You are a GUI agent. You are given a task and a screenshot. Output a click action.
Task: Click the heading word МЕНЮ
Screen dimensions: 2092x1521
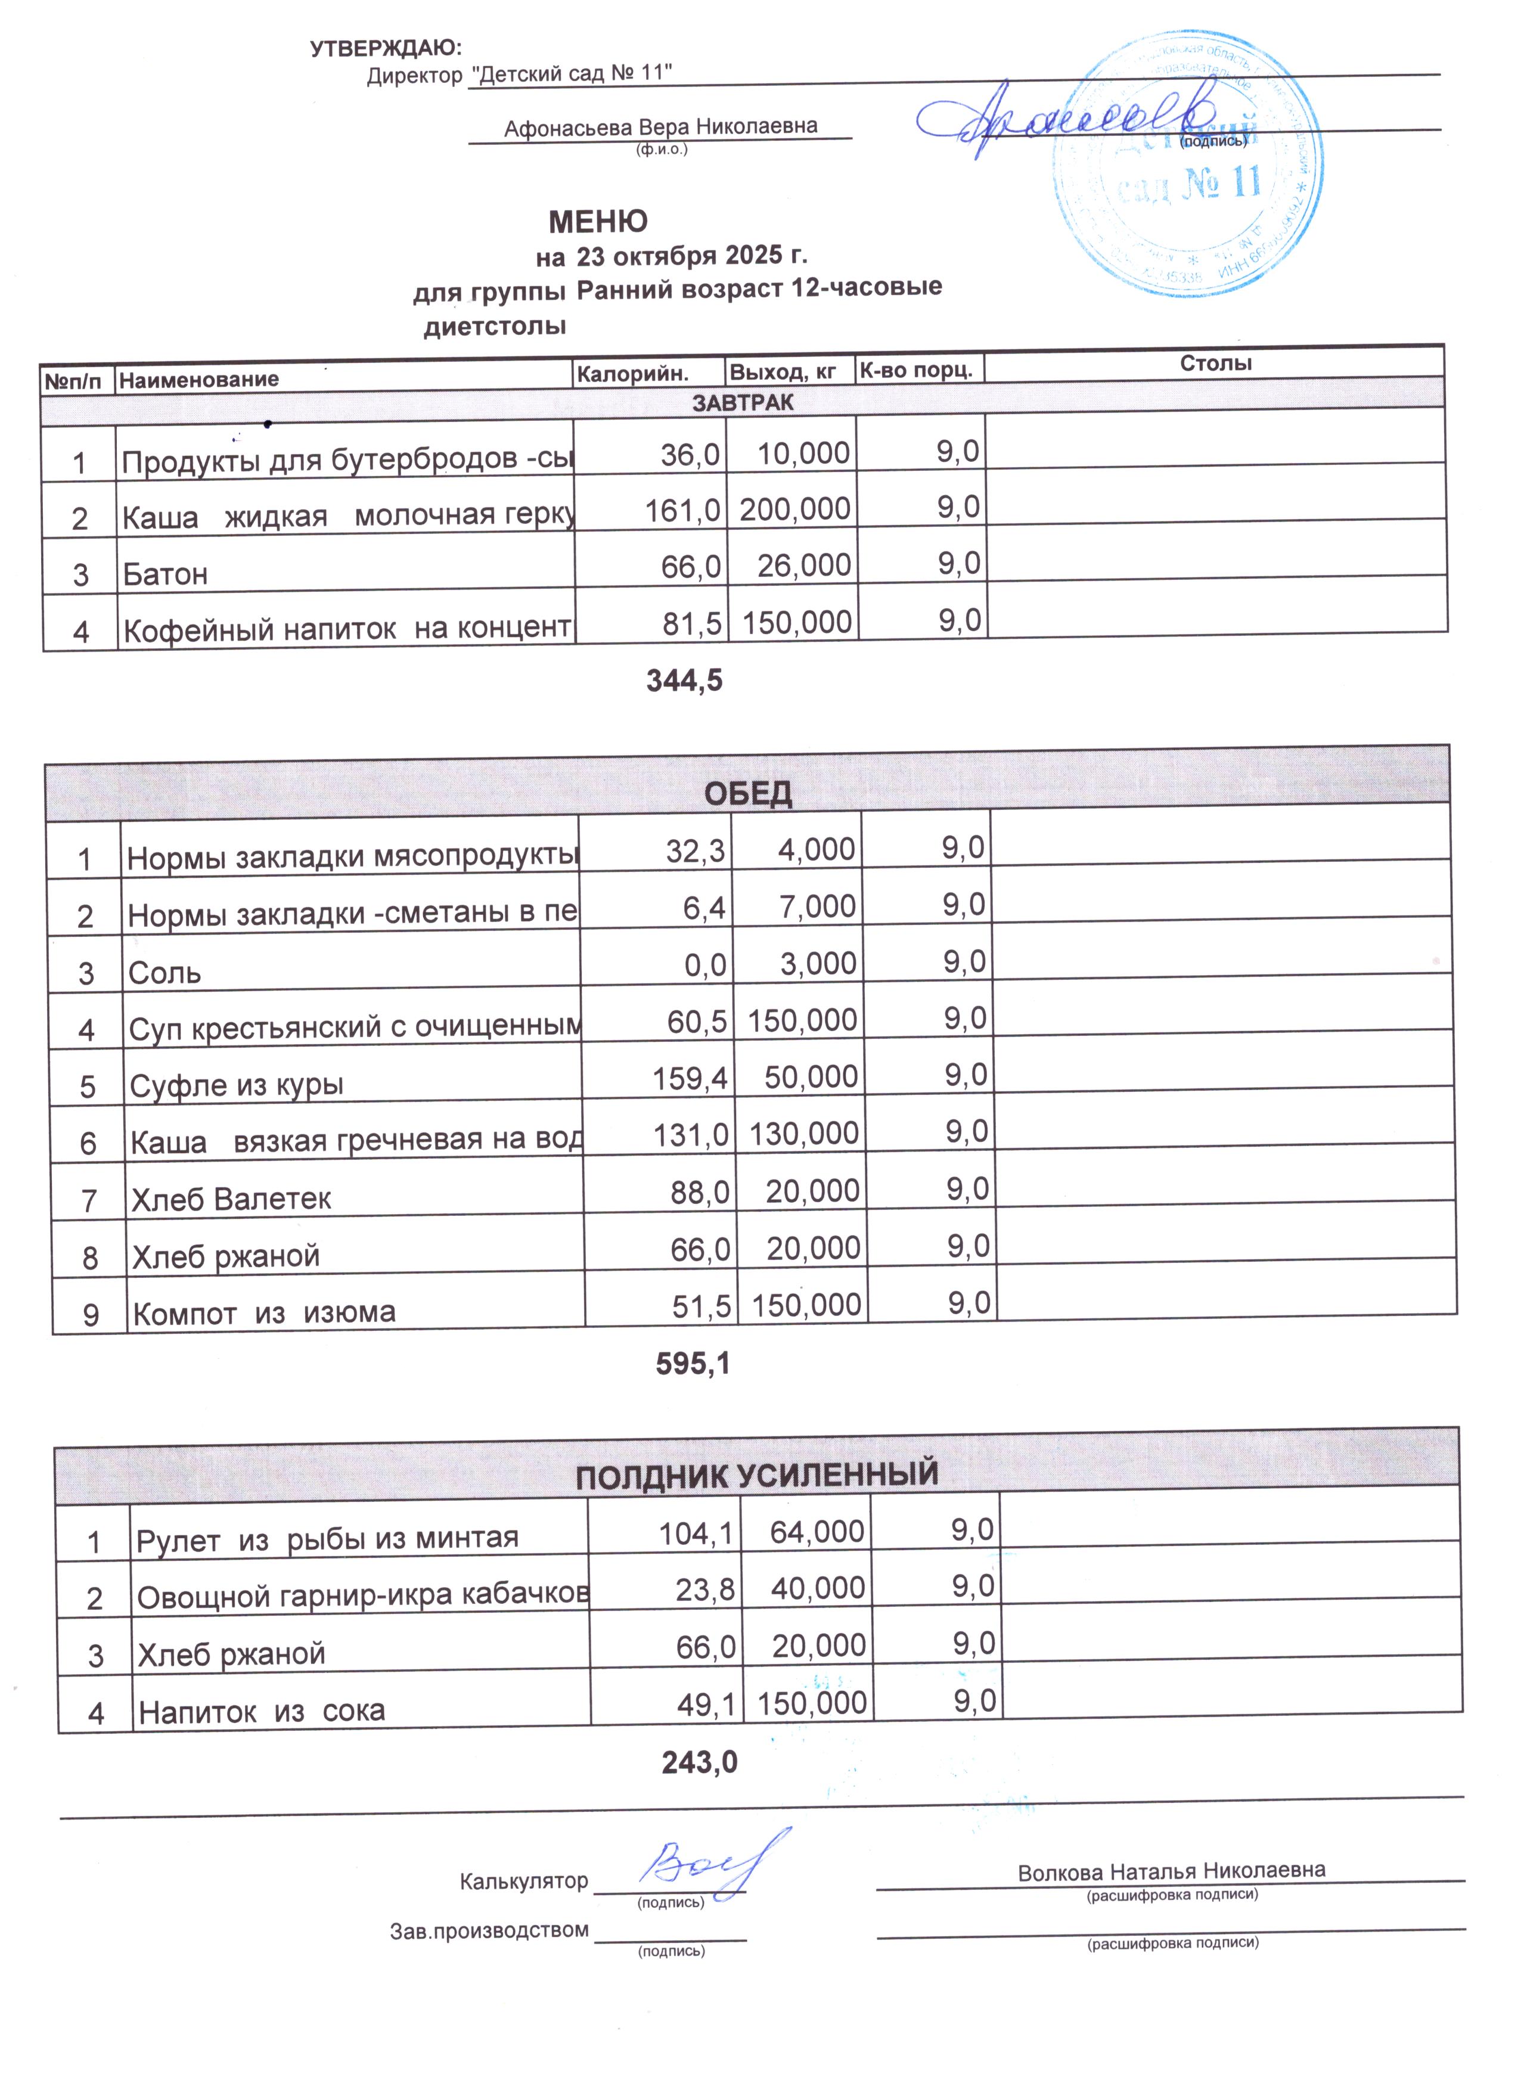point(598,221)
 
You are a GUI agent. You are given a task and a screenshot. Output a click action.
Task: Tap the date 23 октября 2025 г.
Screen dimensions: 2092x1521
point(692,254)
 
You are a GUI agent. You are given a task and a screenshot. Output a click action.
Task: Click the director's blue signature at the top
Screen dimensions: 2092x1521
point(1061,118)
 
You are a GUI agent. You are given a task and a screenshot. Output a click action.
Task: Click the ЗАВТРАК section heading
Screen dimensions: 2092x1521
point(743,403)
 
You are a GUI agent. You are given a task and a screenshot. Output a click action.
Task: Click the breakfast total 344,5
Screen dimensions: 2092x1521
point(684,681)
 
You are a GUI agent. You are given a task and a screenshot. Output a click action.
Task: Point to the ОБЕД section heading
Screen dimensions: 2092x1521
point(748,794)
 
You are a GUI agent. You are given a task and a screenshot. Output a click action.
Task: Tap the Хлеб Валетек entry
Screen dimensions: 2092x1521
point(231,1199)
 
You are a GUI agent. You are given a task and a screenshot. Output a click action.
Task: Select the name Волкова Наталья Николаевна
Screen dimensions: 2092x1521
point(1171,1871)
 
